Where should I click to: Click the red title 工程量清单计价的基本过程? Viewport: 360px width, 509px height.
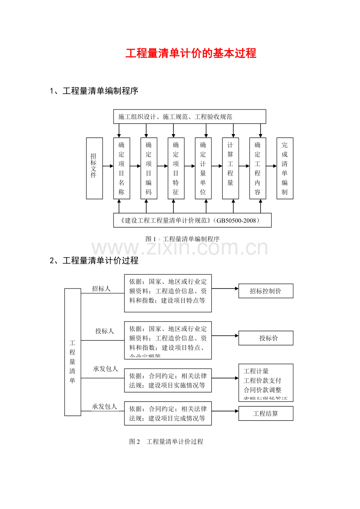(x=191, y=54)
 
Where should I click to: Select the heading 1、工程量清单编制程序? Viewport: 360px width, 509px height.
(x=94, y=91)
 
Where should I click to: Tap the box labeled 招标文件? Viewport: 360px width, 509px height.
(x=94, y=168)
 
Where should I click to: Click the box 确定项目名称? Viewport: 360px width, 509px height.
(x=121, y=168)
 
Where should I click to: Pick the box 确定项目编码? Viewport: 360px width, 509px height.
(x=149, y=168)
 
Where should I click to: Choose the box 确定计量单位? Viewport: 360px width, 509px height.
(x=203, y=168)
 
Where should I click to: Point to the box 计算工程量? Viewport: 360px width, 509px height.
(x=230, y=168)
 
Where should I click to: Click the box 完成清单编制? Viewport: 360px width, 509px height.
(x=284, y=168)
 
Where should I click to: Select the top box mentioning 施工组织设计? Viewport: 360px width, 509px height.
(x=189, y=116)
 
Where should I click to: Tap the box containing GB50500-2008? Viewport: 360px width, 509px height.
(x=192, y=220)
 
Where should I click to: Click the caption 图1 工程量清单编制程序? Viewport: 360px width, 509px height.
(x=182, y=239)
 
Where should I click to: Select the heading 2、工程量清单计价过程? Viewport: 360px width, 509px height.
(x=94, y=261)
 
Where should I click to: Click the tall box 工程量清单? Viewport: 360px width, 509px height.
(x=72, y=352)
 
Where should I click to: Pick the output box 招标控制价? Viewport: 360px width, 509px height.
(x=266, y=291)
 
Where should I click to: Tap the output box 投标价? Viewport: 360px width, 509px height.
(x=266, y=338)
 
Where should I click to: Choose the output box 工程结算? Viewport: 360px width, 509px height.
(x=266, y=414)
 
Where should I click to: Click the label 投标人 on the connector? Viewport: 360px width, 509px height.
(x=105, y=331)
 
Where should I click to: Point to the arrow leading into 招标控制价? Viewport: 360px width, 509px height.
(x=225, y=289)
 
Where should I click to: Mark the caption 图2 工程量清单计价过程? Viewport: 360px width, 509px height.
(x=166, y=442)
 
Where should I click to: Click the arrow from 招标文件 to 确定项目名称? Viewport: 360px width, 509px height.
(x=108, y=166)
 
